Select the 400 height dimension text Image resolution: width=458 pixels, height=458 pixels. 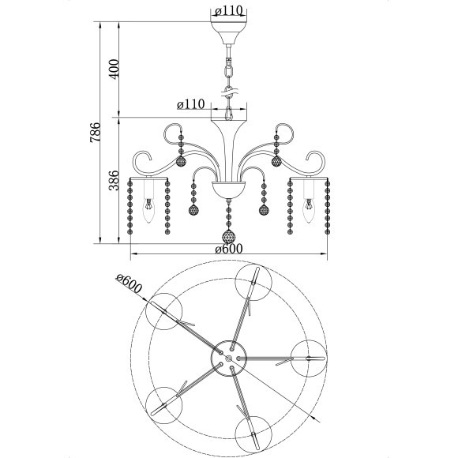pos(113,69)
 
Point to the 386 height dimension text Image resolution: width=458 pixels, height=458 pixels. pos(113,181)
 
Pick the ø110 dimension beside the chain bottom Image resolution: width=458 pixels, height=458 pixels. pos(191,104)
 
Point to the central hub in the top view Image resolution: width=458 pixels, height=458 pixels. pos(229,359)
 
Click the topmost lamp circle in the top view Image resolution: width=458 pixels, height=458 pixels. pos(253,282)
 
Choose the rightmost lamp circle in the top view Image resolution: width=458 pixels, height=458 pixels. pos(308,359)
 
